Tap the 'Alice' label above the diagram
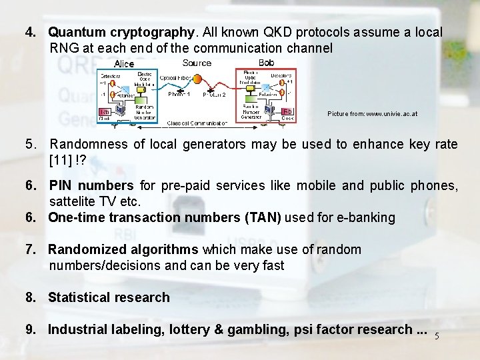click(124, 64)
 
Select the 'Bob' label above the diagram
click(266, 63)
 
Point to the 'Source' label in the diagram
click(197, 63)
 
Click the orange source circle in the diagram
click(197, 79)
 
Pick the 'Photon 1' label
click(179, 95)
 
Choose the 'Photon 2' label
click(214, 95)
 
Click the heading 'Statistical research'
click(109, 297)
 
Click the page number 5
click(437, 336)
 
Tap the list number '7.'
click(31, 249)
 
